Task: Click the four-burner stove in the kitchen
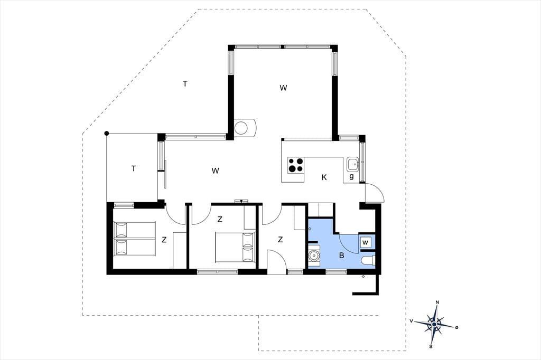[296, 165]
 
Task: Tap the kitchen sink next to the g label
[352, 164]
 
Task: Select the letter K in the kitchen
[324, 177]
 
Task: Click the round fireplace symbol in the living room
[241, 127]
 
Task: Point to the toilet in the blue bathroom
[367, 261]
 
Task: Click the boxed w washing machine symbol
[366, 242]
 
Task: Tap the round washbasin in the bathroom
[314, 255]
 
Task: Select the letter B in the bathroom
[342, 255]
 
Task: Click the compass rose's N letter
[437, 302]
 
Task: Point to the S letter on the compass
[431, 346]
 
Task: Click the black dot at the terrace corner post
[107, 134]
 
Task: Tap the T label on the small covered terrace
[134, 168]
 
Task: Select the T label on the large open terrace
[185, 83]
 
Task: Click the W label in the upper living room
[283, 88]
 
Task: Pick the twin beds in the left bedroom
[135, 239]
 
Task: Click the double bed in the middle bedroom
[235, 247]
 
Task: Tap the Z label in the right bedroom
[280, 239]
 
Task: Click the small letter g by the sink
[351, 176]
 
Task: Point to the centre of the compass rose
[434, 324]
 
